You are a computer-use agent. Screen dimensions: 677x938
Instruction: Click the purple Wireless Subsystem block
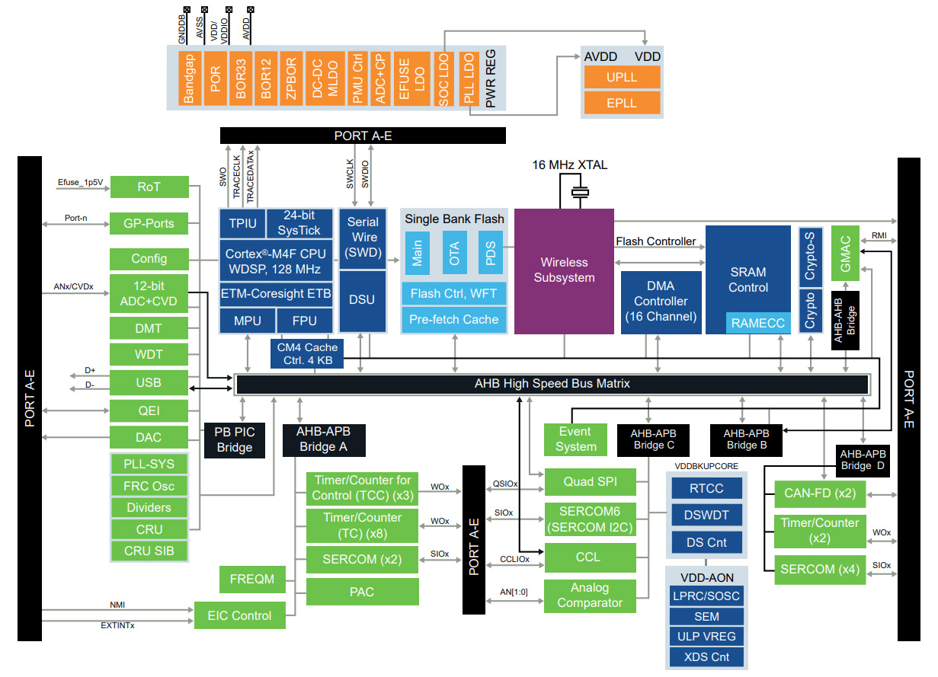[x=564, y=270]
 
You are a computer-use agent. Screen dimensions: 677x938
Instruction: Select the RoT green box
[x=149, y=187]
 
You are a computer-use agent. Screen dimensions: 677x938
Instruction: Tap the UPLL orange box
[x=622, y=78]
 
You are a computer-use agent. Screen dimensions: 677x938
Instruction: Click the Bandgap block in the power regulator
[x=190, y=78]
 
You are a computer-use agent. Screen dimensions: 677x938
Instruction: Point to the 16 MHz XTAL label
[x=570, y=165]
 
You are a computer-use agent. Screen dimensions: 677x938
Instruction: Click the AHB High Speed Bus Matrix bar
[x=552, y=384]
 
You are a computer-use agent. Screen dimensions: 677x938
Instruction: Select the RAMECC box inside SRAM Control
[x=757, y=323]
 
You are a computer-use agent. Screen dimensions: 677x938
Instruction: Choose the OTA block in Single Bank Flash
[x=455, y=253]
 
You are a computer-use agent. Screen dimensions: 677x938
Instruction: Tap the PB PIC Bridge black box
[x=234, y=439]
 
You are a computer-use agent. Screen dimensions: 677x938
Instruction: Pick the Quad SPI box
[x=590, y=481]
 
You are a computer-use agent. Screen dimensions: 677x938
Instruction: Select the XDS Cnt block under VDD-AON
[x=706, y=656]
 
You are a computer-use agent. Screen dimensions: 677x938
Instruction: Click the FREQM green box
[x=252, y=579]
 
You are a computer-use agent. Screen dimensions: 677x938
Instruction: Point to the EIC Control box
[x=240, y=615]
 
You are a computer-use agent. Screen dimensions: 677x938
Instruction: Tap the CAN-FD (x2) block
[x=820, y=493]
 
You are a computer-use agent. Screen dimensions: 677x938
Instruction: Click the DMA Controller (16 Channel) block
[x=661, y=302]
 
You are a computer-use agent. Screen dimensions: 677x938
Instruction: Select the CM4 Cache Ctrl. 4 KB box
[x=307, y=354]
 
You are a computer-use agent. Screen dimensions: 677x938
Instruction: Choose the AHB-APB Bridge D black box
[x=863, y=460]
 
